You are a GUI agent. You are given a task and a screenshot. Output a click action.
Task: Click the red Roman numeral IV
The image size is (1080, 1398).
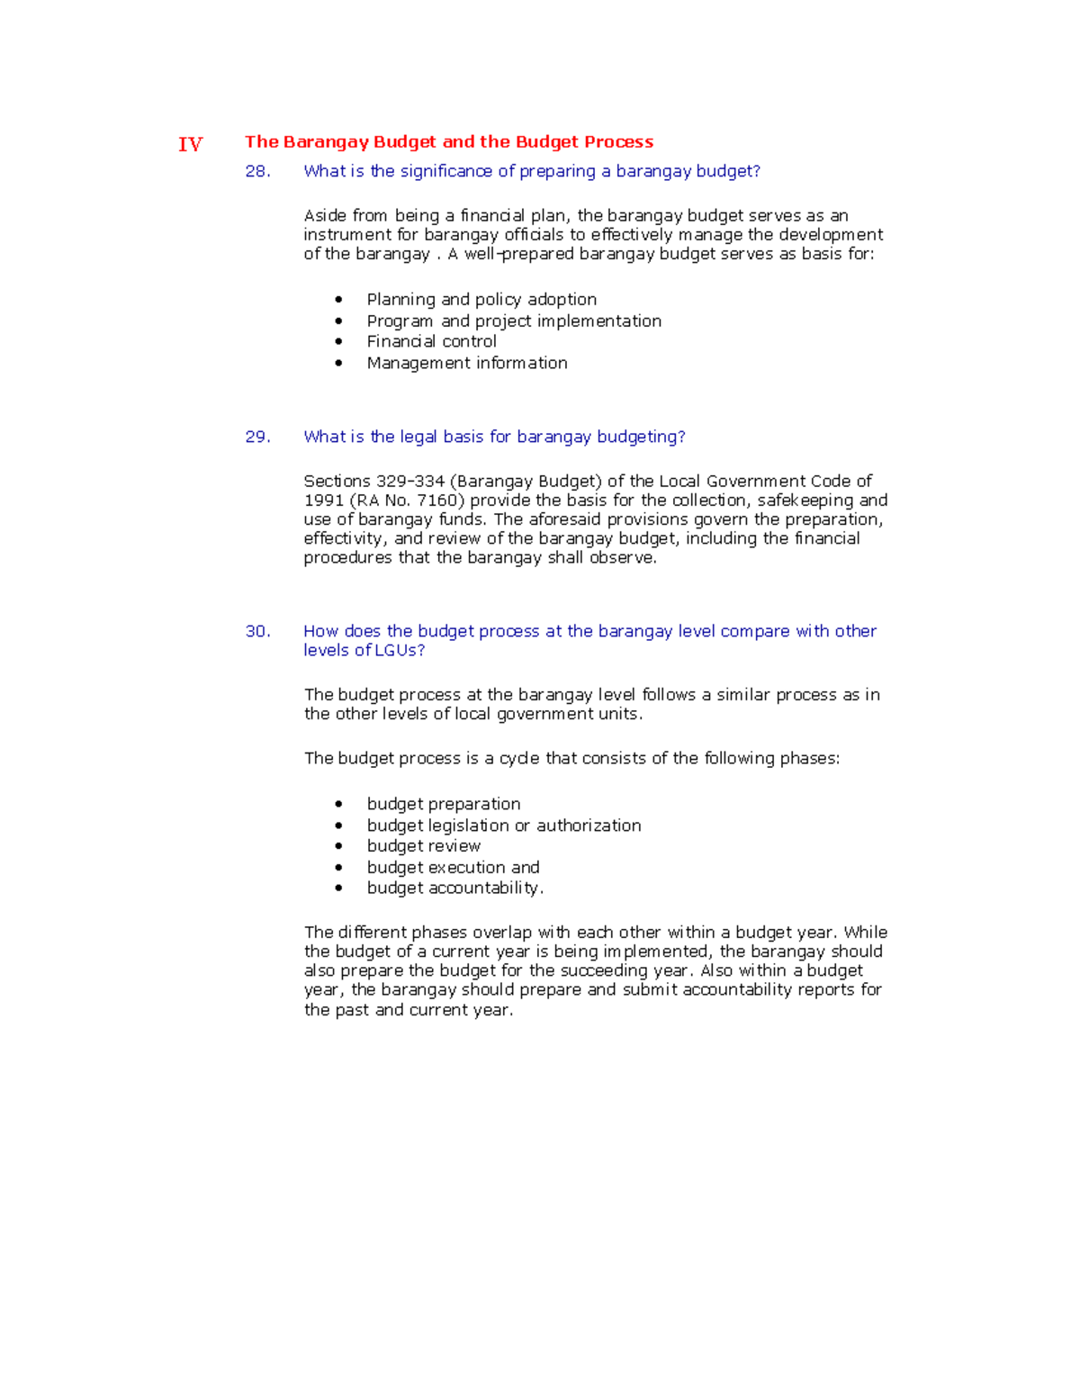pyautogui.click(x=190, y=144)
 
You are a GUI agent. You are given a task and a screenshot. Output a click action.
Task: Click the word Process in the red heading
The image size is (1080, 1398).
pyautogui.click(x=618, y=141)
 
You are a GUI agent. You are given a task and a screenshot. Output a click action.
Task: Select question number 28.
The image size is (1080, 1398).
pyautogui.click(x=257, y=171)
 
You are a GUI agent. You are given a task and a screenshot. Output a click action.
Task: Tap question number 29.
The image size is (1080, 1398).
pyautogui.click(x=257, y=437)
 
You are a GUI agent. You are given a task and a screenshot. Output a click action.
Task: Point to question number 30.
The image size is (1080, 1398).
pyautogui.click(x=257, y=631)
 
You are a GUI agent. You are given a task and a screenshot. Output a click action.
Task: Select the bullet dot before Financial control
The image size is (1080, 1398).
pyautogui.click(x=338, y=342)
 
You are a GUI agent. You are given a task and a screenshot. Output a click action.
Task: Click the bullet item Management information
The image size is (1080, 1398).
pyautogui.click(x=466, y=363)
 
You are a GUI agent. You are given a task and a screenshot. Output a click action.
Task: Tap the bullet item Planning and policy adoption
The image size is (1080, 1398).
pyautogui.click(x=481, y=299)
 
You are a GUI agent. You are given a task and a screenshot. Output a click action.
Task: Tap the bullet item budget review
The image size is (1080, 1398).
pyautogui.click(x=423, y=846)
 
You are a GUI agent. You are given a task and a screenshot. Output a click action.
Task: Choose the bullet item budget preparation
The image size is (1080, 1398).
pyautogui.click(x=443, y=804)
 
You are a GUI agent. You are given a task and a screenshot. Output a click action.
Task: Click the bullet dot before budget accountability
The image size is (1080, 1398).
pyautogui.click(x=338, y=888)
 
